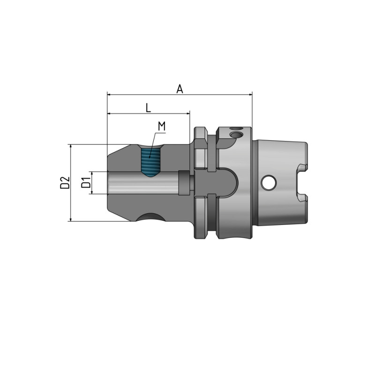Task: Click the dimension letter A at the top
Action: point(180,89)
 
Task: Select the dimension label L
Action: point(148,108)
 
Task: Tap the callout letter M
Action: point(162,126)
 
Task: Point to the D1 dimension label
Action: point(86,183)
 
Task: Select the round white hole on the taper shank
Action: point(269,183)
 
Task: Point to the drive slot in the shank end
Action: point(301,183)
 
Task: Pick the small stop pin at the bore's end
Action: point(185,183)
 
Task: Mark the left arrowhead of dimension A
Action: point(109,95)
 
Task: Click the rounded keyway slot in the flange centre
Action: point(225,182)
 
